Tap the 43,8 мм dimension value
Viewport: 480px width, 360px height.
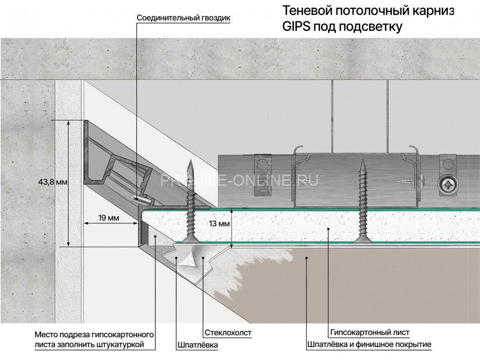click(x=52, y=182)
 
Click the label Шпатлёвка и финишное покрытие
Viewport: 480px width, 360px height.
click(x=369, y=344)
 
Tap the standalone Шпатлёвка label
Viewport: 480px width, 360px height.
click(x=197, y=345)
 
